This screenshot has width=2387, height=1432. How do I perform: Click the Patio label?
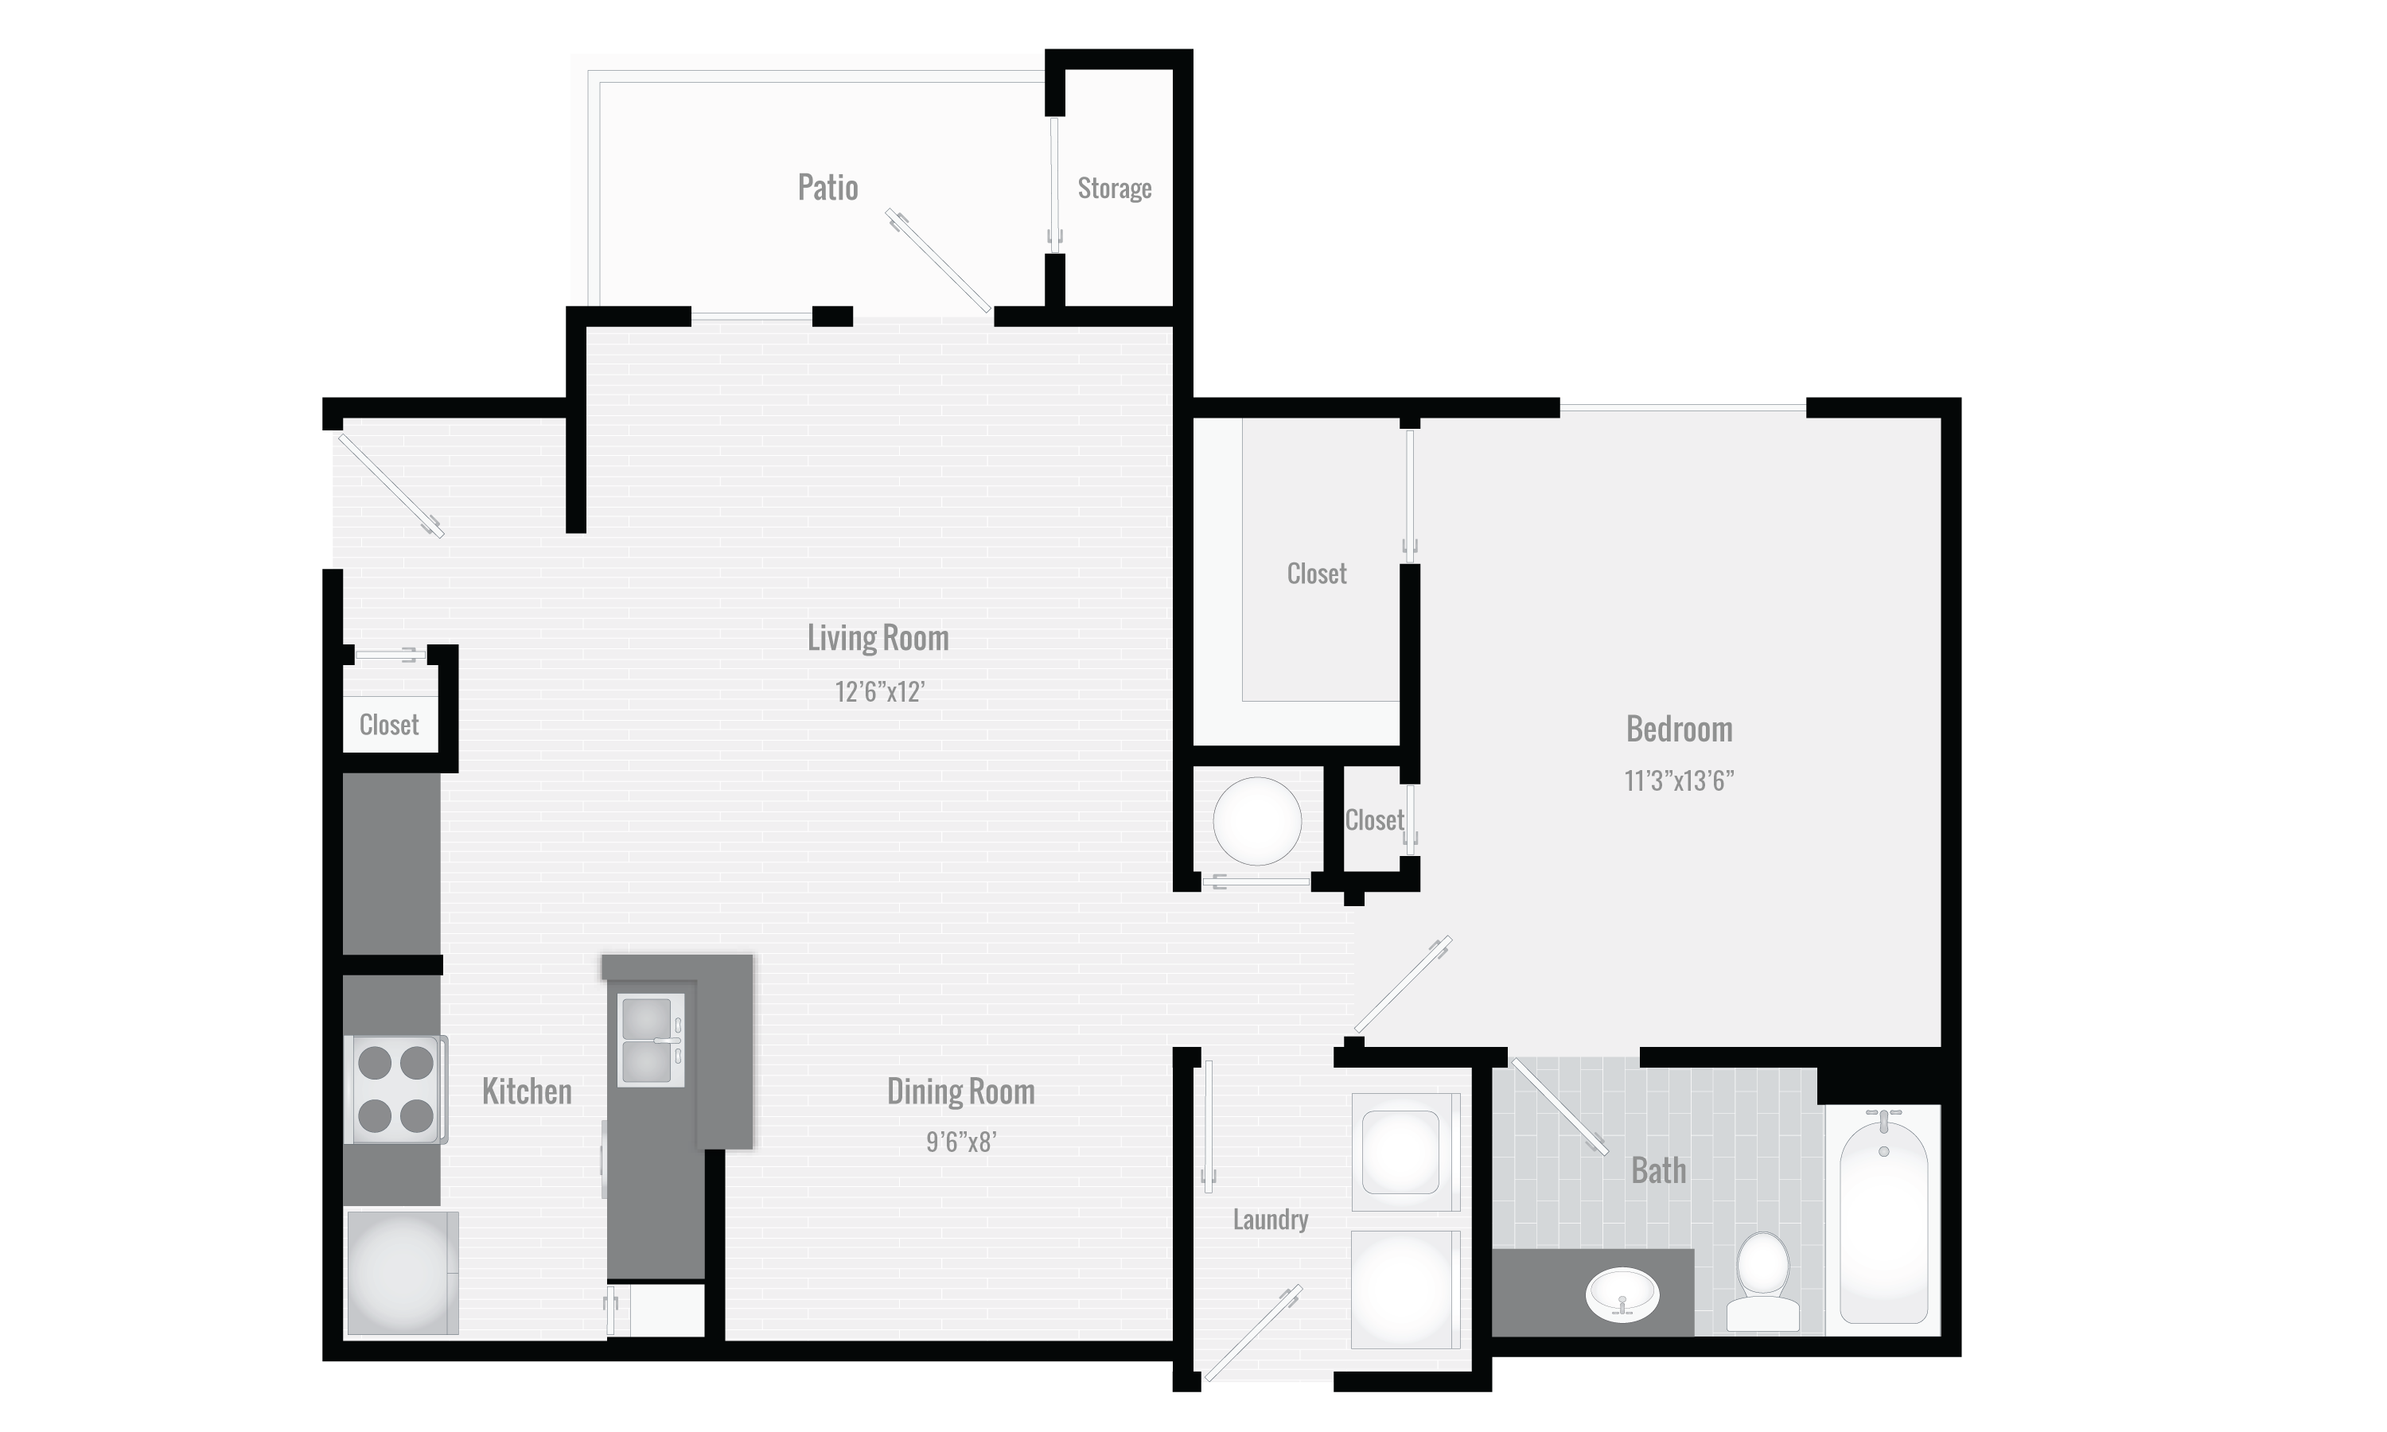(x=827, y=187)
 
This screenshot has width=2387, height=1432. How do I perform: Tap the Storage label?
(x=1115, y=189)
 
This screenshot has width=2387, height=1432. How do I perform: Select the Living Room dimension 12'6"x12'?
(x=879, y=692)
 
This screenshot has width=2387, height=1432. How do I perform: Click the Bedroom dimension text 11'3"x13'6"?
(x=1679, y=780)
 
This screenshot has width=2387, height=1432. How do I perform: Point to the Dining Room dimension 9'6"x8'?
(x=960, y=1142)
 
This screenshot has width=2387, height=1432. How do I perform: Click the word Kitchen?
(x=527, y=1092)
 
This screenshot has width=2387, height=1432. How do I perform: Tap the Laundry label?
(x=1270, y=1220)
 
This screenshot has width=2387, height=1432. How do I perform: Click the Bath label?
(x=1658, y=1170)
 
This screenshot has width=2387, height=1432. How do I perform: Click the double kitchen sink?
(x=649, y=1041)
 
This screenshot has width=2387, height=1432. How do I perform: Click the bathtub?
(x=1883, y=1220)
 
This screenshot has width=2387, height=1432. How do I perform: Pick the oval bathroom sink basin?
(x=1622, y=1295)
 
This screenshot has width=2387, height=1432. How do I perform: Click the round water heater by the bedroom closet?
(x=1256, y=821)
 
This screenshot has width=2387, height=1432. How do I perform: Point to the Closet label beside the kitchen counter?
(x=389, y=725)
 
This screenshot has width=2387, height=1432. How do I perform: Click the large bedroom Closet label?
(x=1316, y=573)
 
